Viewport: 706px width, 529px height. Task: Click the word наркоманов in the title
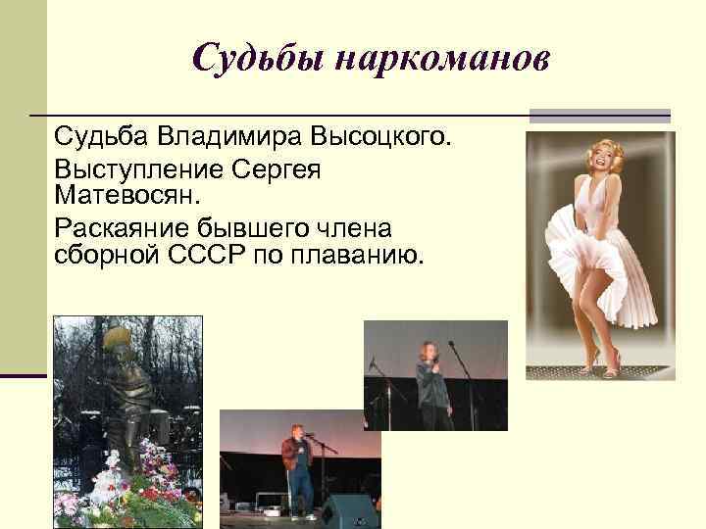click(x=442, y=61)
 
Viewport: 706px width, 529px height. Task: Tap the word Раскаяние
click(x=123, y=229)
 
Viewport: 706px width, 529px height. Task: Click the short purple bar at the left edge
click(x=24, y=375)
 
